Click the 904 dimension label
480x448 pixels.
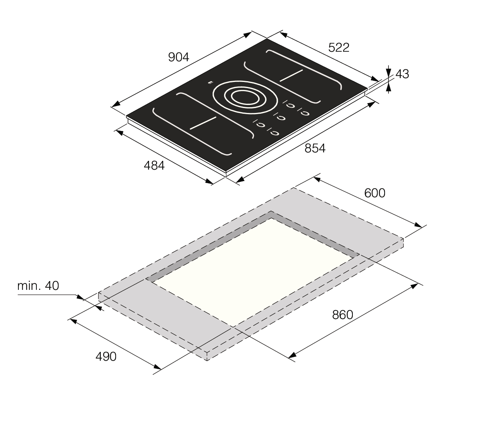point(179,57)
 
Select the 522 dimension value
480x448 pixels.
point(339,47)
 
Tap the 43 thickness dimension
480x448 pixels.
point(402,74)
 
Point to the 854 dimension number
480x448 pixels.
point(315,148)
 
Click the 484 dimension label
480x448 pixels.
point(154,165)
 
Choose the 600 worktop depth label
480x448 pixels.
point(375,193)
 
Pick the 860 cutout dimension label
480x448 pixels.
point(342,315)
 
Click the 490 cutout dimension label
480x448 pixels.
point(106,356)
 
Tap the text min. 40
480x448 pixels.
point(38,286)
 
